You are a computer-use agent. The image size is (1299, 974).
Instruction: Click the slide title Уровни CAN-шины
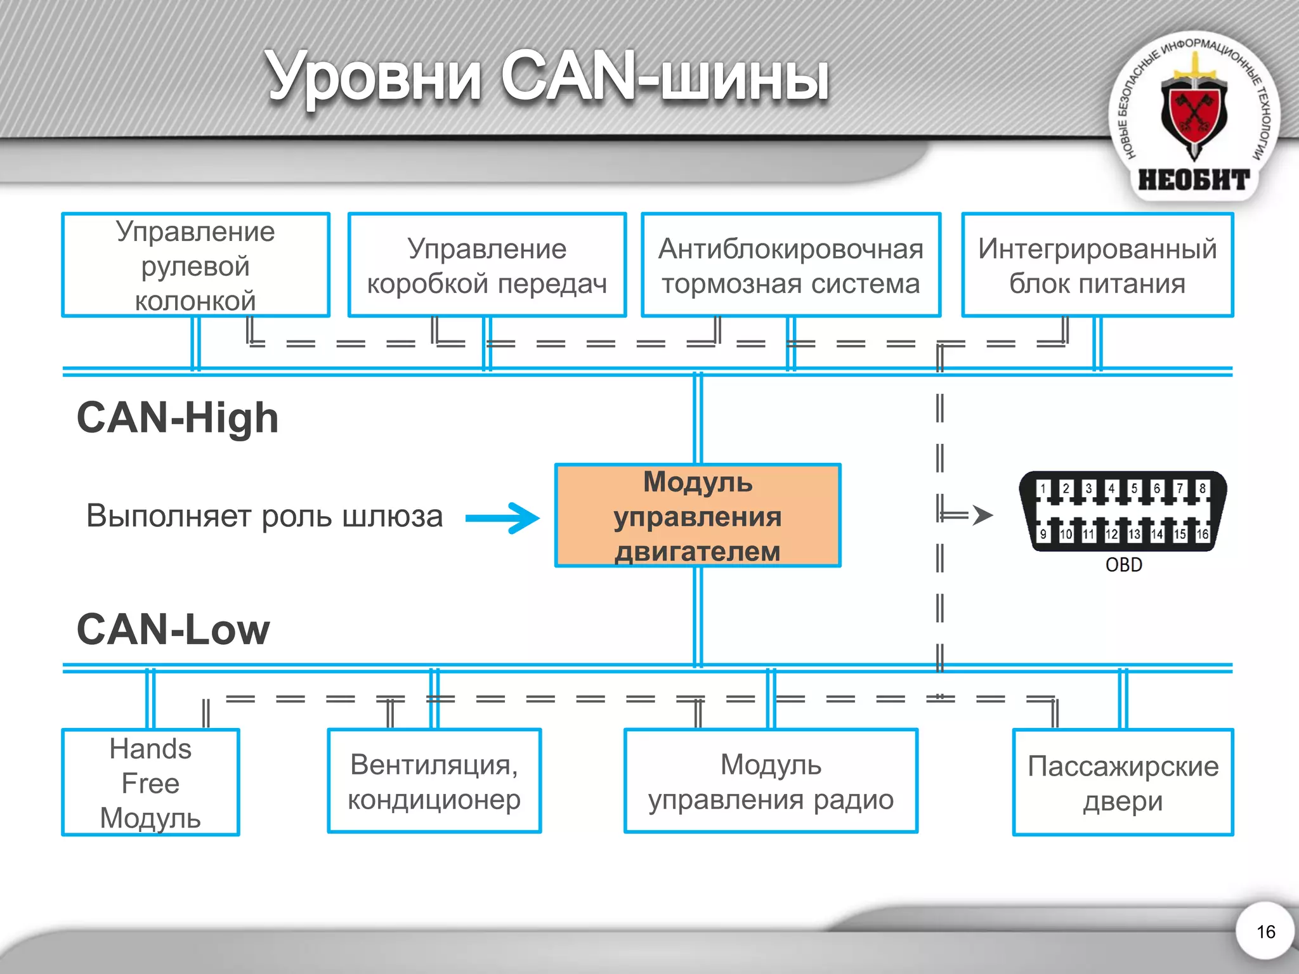click(547, 77)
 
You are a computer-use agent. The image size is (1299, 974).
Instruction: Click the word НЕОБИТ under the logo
click(1194, 180)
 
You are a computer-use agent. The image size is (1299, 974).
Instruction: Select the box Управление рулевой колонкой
click(195, 265)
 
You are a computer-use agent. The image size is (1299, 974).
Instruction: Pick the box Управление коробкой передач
click(486, 265)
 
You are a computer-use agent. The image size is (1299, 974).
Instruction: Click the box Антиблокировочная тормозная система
click(790, 265)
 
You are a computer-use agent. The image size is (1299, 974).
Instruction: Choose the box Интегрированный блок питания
click(1097, 265)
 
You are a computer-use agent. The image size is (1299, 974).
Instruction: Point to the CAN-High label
click(178, 419)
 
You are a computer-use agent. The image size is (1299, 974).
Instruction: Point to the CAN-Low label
click(173, 630)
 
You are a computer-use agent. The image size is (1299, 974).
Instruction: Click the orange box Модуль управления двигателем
click(698, 516)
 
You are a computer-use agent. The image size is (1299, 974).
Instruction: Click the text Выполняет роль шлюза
click(264, 516)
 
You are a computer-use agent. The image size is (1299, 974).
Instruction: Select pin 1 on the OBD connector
click(1043, 488)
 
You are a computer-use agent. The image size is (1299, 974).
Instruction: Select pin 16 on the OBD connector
click(1202, 534)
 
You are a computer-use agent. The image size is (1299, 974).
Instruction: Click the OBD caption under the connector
click(1123, 564)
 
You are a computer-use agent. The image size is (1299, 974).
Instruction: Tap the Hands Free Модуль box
click(150, 782)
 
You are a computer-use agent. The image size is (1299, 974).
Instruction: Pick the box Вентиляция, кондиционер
click(434, 781)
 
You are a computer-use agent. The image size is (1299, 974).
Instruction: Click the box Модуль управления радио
click(771, 781)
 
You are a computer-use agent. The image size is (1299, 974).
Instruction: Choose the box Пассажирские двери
click(1123, 782)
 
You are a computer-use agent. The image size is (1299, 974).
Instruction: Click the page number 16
click(1265, 932)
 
